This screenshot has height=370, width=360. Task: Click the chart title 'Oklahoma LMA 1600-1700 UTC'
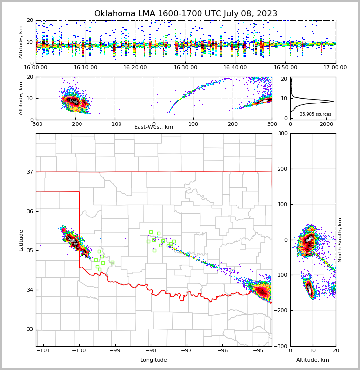tap(185, 14)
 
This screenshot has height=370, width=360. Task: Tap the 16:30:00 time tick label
tap(185, 68)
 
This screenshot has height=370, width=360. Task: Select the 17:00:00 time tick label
tap(335, 68)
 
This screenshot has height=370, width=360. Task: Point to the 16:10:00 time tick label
tap(85, 68)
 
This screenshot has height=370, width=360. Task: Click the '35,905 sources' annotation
tap(316, 114)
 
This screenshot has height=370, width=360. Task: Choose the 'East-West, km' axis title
tap(154, 127)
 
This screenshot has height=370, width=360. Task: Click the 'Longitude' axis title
tap(154, 360)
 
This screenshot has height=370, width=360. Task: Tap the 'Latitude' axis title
tap(21, 240)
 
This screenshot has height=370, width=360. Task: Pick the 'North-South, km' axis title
tap(340, 240)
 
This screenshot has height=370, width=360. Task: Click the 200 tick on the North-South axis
tap(282, 169)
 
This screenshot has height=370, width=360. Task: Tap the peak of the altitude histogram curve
tap(333, 102)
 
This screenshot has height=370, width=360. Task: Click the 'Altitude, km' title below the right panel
tap(313, 360)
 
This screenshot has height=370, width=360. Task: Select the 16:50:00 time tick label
tap(285, 68)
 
